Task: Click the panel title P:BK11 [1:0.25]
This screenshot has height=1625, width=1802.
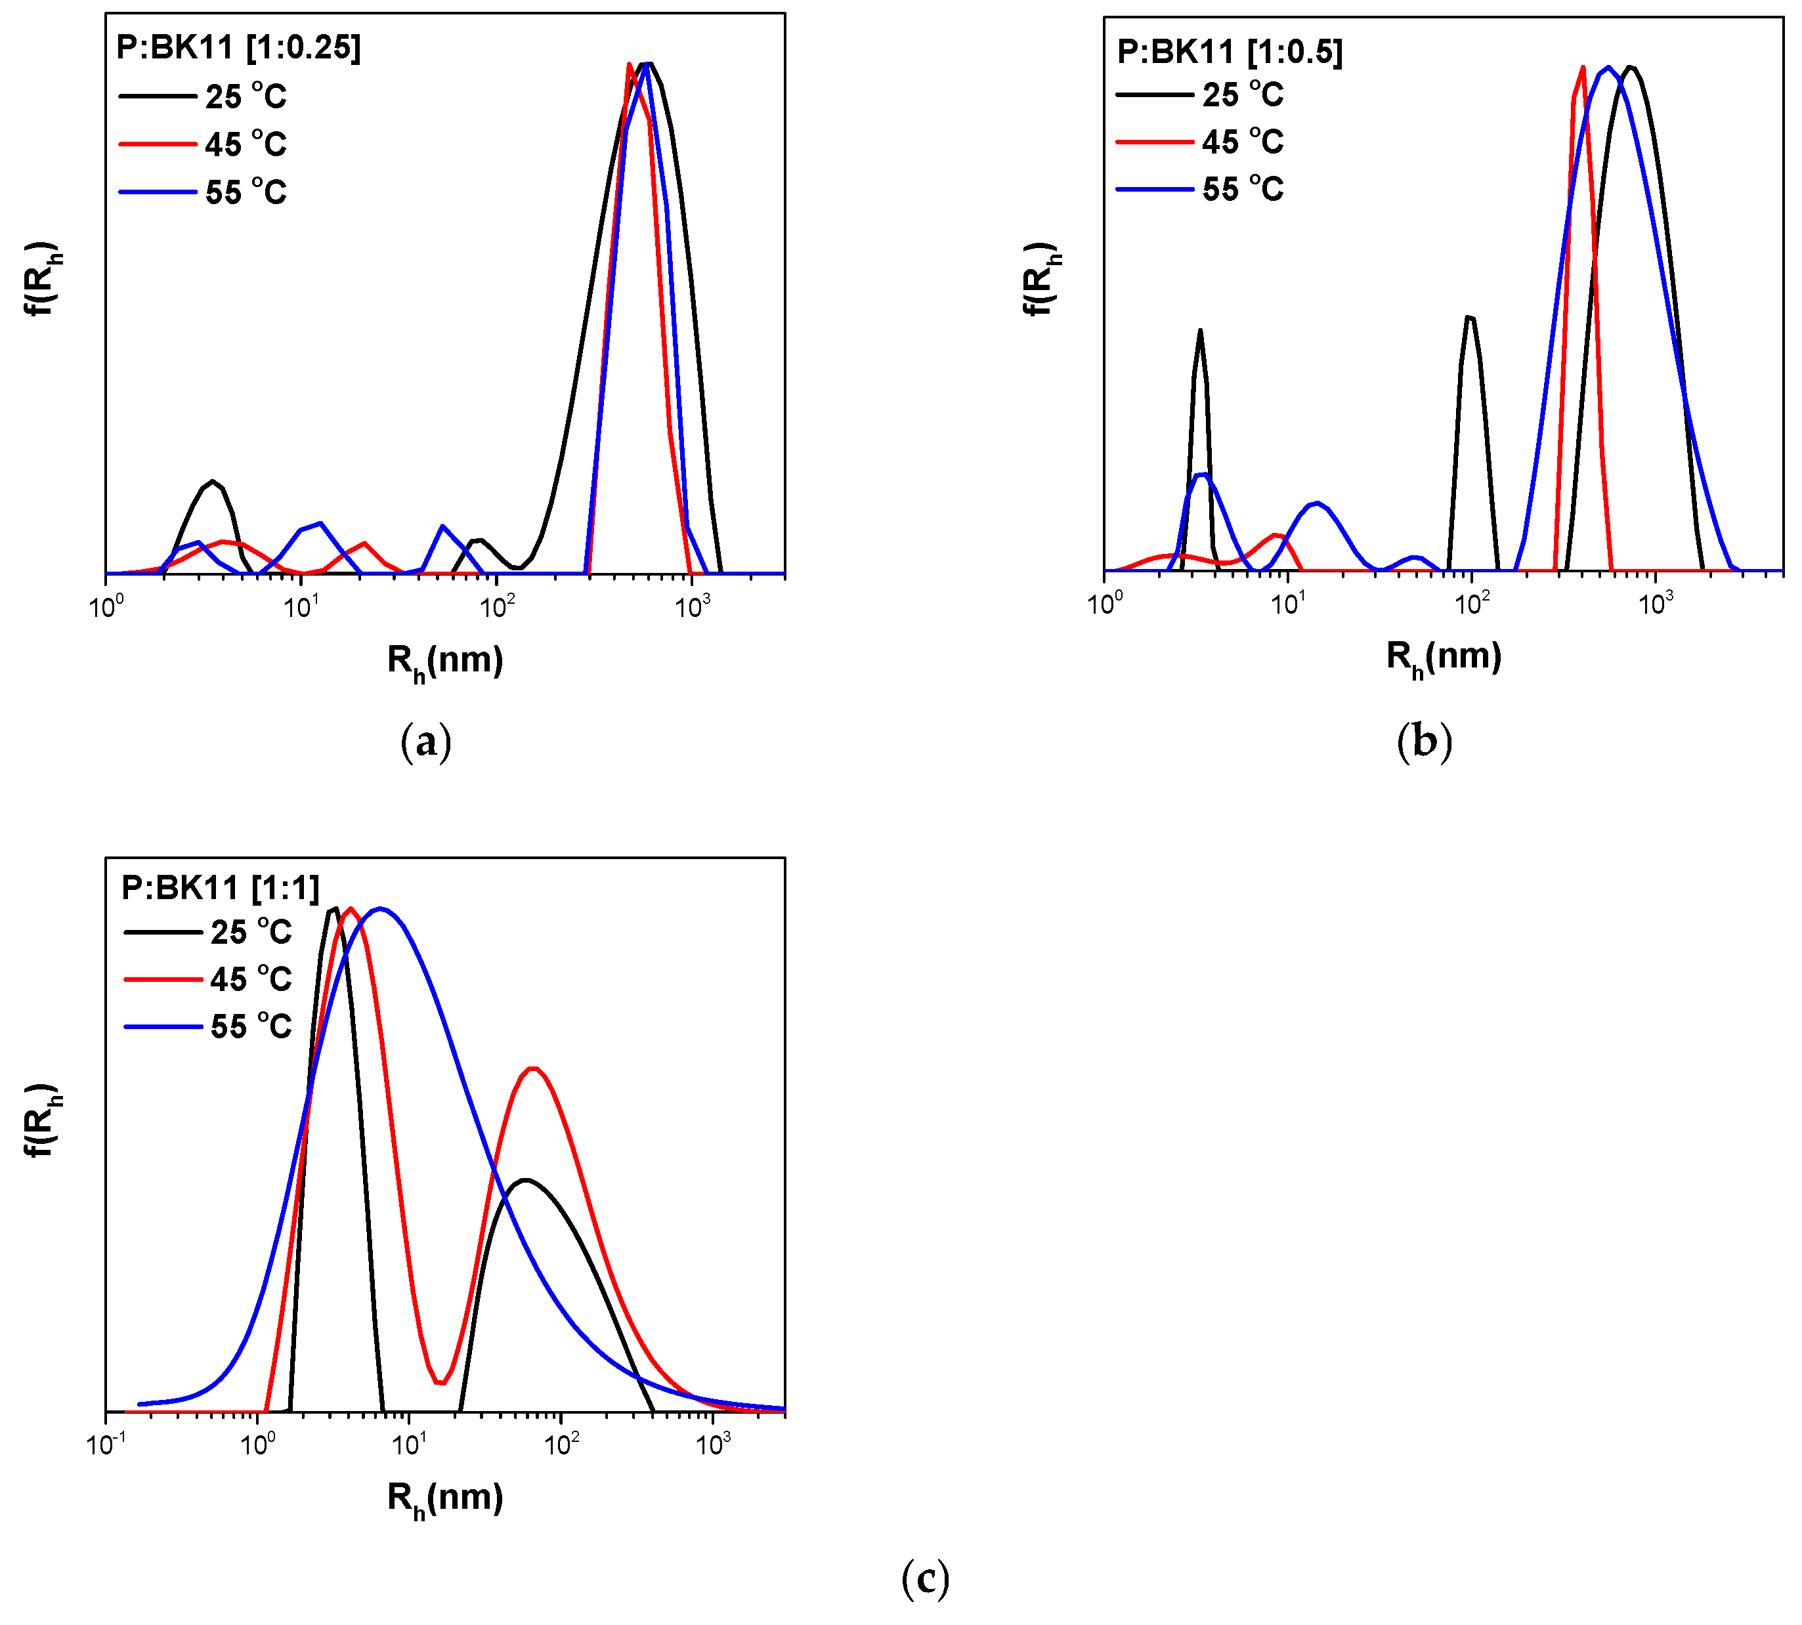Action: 238,47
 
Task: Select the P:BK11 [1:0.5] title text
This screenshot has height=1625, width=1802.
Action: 1229,52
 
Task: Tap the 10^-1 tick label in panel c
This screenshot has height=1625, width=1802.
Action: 106,1445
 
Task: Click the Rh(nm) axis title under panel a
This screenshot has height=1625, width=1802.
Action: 444,662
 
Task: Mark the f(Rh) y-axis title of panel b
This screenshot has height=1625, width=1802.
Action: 1039,278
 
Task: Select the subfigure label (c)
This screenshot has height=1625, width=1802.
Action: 924,1578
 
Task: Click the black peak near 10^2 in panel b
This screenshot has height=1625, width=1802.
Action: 1469,318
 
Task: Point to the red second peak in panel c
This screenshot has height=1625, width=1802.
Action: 533,1068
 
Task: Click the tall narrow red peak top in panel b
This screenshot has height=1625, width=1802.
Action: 1582,68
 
